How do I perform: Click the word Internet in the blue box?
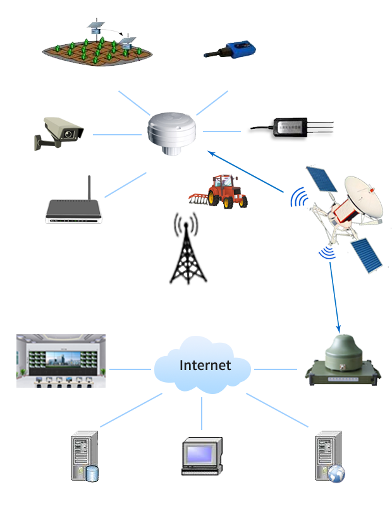205,365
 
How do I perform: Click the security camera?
60,133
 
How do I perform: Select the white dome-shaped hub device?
171,131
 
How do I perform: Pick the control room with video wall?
61,360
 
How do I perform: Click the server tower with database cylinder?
82,456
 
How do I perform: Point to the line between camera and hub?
117,133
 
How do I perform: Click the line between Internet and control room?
130,368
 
